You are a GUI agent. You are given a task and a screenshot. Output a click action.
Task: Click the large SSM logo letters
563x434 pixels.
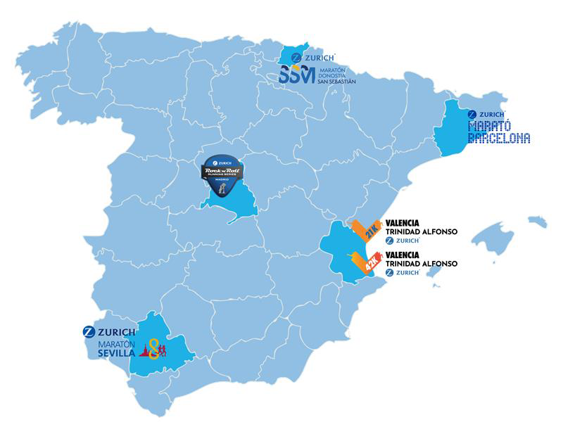pos(296,75)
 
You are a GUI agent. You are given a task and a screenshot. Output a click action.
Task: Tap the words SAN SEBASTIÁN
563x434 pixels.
pos(333,82)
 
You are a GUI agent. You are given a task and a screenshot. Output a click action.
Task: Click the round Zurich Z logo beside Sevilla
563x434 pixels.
pos(89,332)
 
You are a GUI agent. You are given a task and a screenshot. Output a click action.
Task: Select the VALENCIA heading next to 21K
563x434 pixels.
pos(403,224)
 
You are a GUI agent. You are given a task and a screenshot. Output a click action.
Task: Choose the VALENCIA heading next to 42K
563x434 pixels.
pos(403,255)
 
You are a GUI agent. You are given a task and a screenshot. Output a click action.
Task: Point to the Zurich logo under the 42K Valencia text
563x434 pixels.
pos(403,272)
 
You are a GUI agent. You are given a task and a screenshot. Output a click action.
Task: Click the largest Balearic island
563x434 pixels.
pos(492,238)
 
